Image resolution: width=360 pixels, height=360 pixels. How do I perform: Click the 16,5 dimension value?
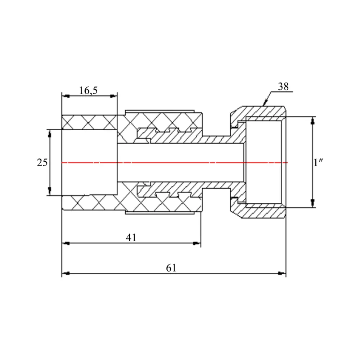88,90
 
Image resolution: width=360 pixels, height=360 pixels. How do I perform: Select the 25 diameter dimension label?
42,163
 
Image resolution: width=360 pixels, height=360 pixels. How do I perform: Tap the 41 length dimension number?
131,238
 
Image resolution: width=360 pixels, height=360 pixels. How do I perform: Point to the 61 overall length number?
171,268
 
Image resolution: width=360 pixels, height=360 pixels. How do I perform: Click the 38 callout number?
283,86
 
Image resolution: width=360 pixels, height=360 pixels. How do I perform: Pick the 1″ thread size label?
318,163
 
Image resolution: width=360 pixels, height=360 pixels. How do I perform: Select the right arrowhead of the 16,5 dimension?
113,96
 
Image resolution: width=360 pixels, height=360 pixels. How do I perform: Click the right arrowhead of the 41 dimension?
197,243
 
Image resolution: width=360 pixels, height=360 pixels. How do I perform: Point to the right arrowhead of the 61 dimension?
282,274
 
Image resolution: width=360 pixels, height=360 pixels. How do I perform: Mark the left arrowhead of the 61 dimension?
66,274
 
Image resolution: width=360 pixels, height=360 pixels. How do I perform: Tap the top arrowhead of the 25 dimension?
50,134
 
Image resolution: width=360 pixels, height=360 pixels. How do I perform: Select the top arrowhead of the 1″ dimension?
312,121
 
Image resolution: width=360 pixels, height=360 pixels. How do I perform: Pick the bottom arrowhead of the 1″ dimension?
312,203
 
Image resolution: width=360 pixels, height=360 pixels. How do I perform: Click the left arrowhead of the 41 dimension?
66,243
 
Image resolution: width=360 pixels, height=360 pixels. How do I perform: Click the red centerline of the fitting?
175,163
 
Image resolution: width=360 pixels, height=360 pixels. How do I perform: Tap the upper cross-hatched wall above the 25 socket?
89,122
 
